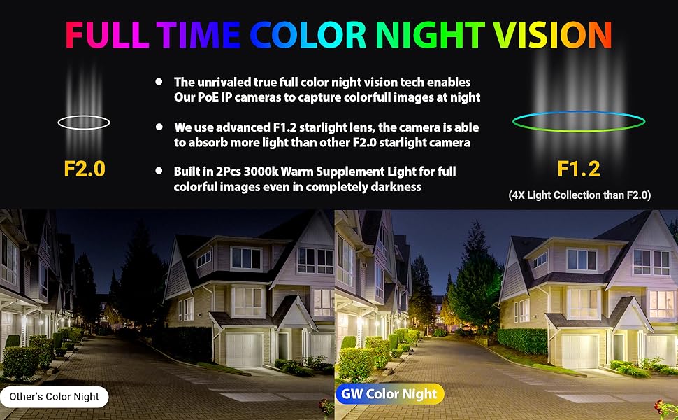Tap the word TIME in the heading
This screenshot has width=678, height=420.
tap(198, 34)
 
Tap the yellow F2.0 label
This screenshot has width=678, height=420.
tap(84, 169)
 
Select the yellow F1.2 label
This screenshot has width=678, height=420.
tap(579, 169)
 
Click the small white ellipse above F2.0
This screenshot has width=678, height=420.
tap(84, 122)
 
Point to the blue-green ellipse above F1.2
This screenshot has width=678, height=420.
tap(579, 121)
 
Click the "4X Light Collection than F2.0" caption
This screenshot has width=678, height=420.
tap(579, 196)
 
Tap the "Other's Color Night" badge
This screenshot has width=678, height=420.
tap(55, 397)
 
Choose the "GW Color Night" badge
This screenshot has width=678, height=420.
tap(389, 394)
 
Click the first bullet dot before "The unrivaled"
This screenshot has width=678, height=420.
tap(159, 83)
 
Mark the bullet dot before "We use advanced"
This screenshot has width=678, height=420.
tap(159, 127)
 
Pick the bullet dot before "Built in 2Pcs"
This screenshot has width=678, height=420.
tap(159, 171)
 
